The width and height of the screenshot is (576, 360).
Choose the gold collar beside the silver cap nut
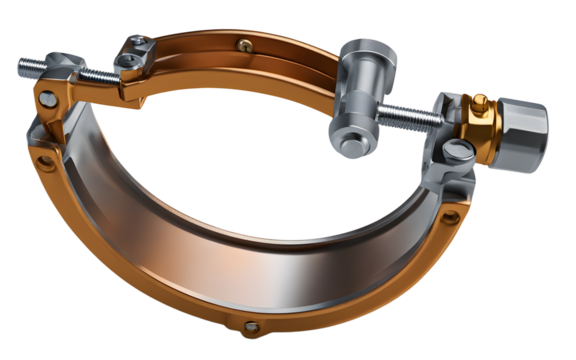tap(478, 125)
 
